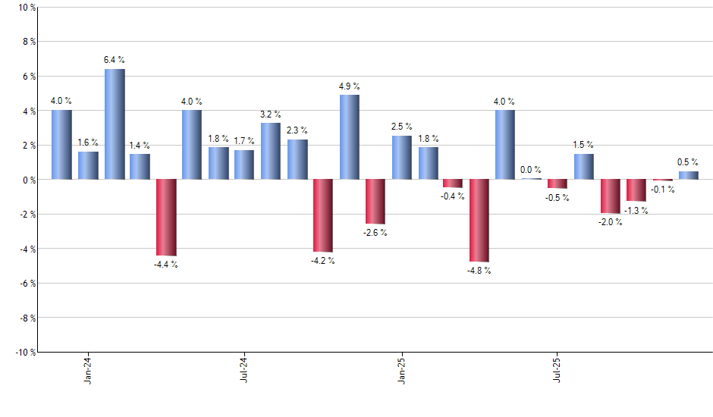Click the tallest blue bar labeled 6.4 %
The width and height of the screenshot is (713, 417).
pos(115,124)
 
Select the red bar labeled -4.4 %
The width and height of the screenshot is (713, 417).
pos(166,218)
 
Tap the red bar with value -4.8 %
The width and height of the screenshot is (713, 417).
pos(479,221)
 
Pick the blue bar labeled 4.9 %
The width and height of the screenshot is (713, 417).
pos(350,137)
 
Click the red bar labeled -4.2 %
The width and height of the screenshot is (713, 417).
pos(323,215)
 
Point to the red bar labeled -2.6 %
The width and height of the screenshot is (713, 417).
pos(375,202)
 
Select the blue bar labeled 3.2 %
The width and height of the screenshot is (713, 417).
pos(271,152)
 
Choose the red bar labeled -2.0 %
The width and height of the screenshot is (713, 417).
pos(611,196)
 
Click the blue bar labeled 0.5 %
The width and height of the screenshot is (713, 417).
pos(689,175)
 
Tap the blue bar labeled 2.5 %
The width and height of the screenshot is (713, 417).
pos(402,158)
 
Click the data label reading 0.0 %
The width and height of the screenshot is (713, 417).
pos(531,170)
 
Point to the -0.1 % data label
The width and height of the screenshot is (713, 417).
pos(662,190)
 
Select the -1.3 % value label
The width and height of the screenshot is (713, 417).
pos(636,211)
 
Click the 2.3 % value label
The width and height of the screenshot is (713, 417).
pos(297,130)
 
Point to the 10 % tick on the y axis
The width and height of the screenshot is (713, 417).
pos(27,8)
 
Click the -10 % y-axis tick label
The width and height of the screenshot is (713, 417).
pos(24,353)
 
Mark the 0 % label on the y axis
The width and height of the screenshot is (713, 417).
pos(29,180)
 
